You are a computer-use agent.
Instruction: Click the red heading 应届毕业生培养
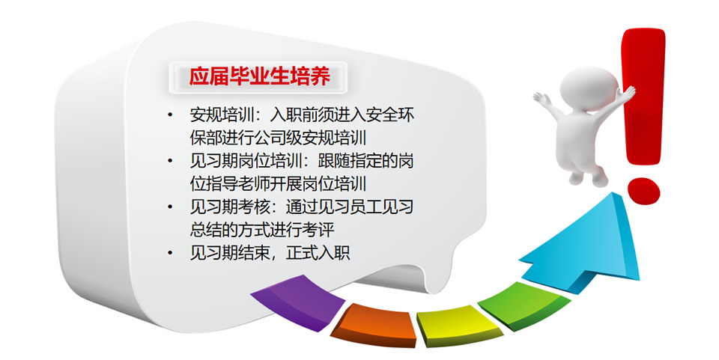[x=260, y=76]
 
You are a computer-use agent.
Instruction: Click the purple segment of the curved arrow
[x=298, y=302]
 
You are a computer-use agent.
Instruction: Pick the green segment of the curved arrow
[x=524, y=305]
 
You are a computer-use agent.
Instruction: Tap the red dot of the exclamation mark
[x=643, y=191]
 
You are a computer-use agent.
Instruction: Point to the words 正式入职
[x=318, y=253]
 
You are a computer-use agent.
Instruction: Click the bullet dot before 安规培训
[x=171, y=115]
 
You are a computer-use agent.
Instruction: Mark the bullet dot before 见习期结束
[x=171, y=253]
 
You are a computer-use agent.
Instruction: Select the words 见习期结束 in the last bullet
[x=230, y=253]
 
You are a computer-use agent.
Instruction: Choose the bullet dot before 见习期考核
[x=171, y=207]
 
